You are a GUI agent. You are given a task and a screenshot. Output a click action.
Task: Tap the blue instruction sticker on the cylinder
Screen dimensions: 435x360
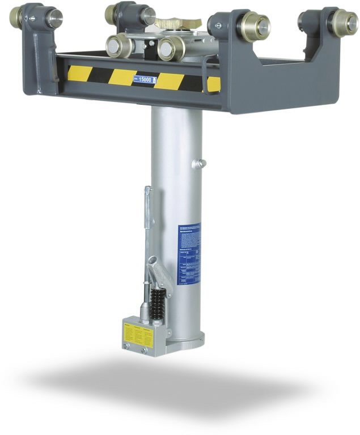pyautogui.click(x=188, y=253)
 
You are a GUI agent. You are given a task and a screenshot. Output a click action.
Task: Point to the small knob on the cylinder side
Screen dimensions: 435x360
pyautogui.click(x=200, y=164)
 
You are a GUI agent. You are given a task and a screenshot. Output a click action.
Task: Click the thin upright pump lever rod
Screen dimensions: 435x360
pyautogui.click(x=147, y=215)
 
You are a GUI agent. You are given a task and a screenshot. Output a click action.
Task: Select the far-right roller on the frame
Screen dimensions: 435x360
pyautogui.click(x=342, y=23)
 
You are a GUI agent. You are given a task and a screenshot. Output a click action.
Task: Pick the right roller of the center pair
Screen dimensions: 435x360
pyautogui.click(x=170, y=48)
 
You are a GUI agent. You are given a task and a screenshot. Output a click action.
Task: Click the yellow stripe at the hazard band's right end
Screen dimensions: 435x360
pyautogui.click(x=213, y=84)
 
